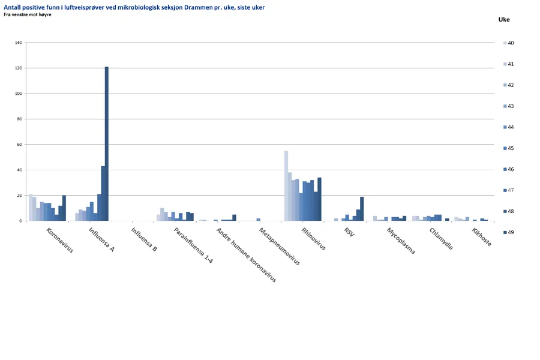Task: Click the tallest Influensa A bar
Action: (107, 144)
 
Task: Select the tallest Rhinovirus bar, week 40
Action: (286, 186)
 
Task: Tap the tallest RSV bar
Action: (362, 209)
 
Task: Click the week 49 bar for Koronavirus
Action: (64, 208)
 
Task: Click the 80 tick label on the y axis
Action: (19, 119)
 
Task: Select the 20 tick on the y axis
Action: (19, 196)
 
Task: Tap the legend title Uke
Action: (504, 19)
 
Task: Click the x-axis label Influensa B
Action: (144, 239)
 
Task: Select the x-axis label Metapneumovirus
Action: (280, 246)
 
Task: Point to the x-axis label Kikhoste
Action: (482, 237)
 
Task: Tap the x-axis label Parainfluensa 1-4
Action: (194, 245)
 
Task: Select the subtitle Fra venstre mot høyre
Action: (27, 14)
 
